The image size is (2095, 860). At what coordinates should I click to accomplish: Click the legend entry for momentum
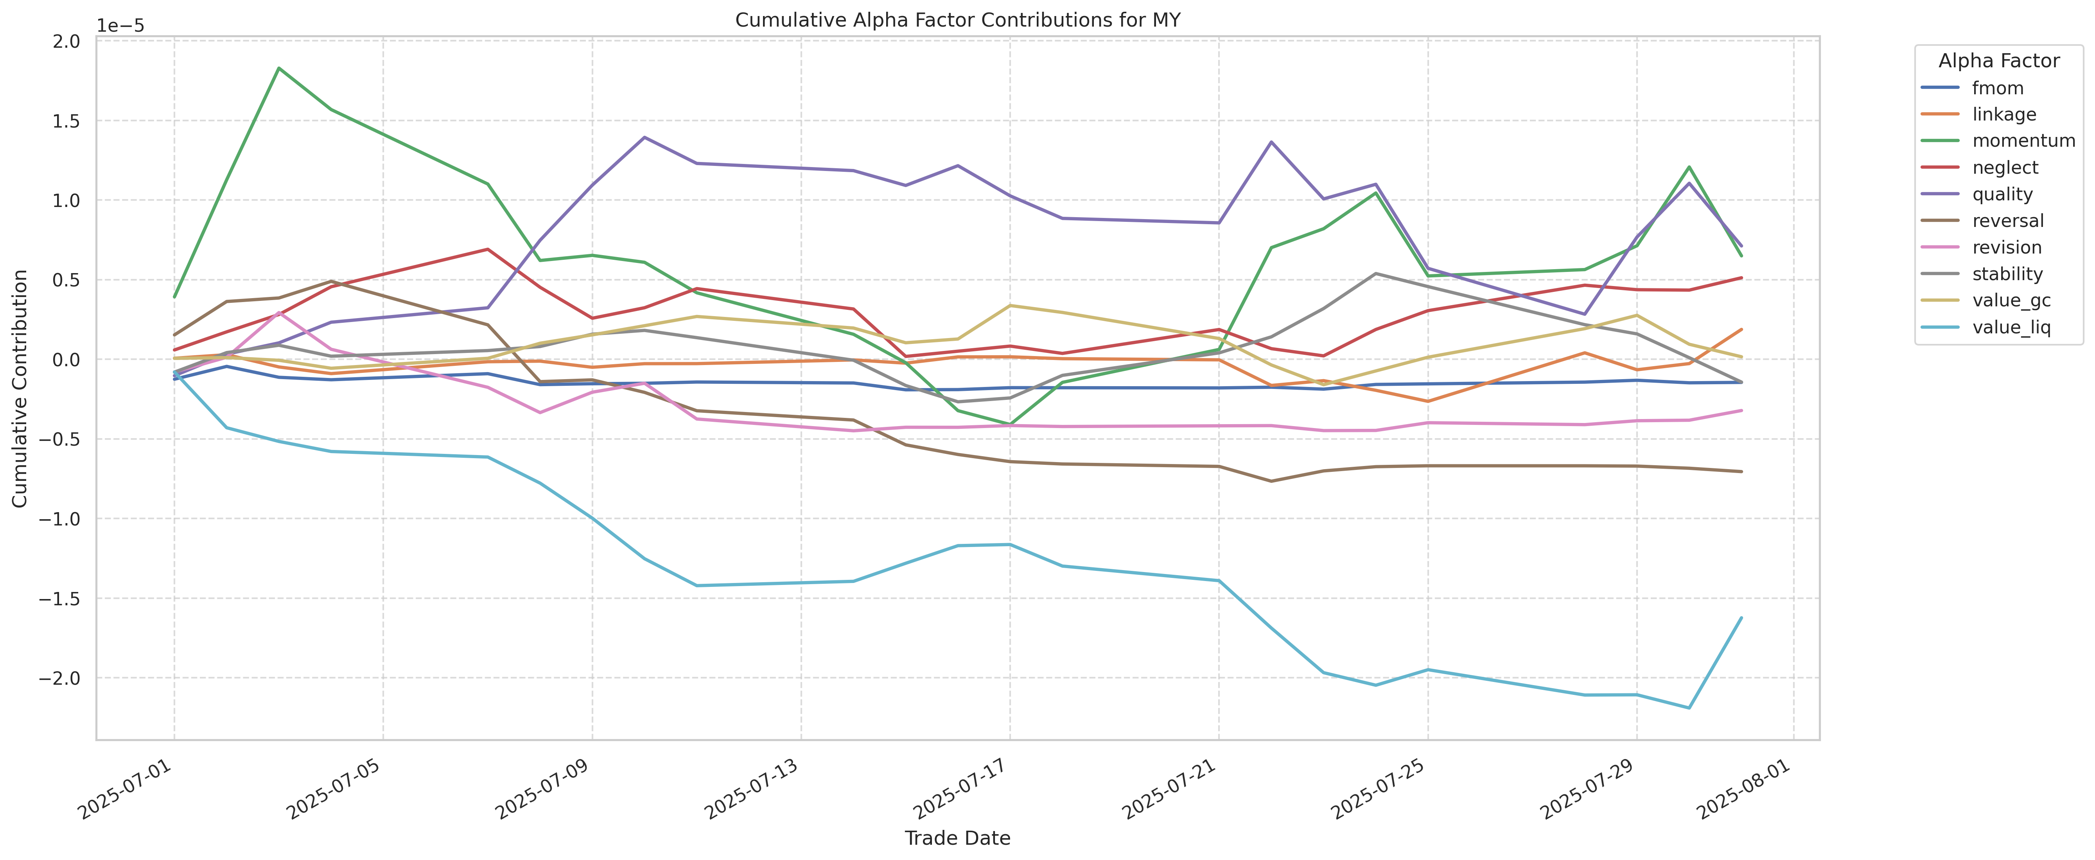pyautogui.click(x=2023, y=141)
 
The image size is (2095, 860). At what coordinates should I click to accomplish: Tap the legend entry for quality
pyautogui.click(x=2002, y=194)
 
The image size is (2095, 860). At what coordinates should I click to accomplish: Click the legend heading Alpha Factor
pyautogui.click(x=1998, y=61)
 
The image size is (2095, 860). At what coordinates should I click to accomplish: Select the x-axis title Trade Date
pyautogui.click(x=957, y=838)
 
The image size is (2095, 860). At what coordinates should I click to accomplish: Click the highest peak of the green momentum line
pyautogui.click(x=279, y=68)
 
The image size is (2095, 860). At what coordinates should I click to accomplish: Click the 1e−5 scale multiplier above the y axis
pyautogui.click(x=120, y=25)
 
